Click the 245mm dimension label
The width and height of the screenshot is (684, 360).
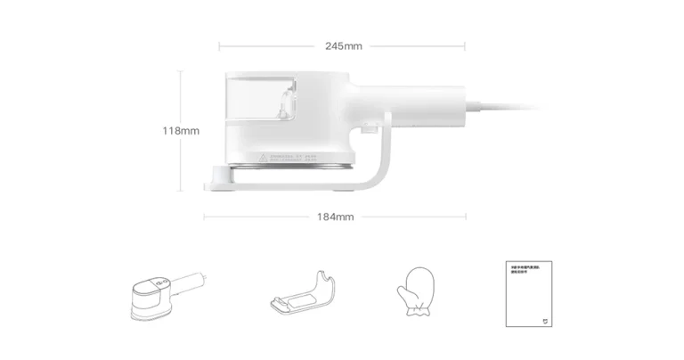343,45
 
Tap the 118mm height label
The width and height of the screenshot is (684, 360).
181,131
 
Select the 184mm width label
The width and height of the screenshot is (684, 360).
335,217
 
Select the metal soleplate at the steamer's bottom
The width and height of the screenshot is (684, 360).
294,168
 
